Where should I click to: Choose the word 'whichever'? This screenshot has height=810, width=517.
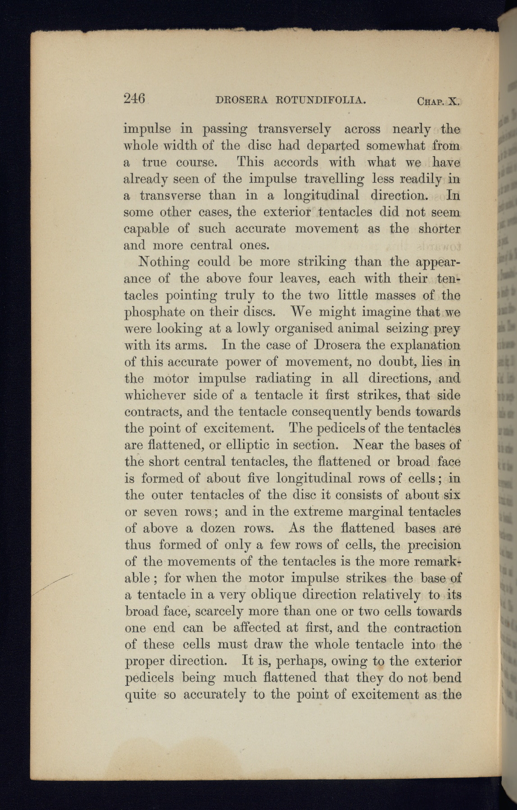coord(154,395)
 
